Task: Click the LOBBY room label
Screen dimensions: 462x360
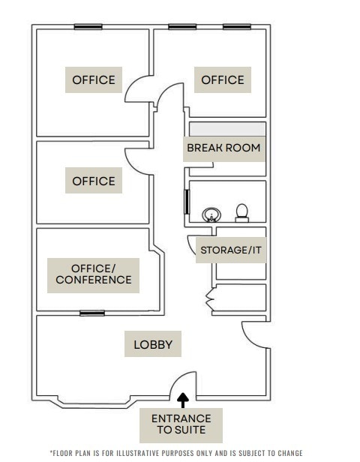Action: [x=153, y=345]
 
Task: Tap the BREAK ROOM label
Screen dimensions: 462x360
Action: [x=223, y=148]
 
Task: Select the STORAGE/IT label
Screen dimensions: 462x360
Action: [x=231, y=250]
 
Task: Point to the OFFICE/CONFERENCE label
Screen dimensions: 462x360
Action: [x=94, y=274]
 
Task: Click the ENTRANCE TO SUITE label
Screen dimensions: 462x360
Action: [x=181, y=424]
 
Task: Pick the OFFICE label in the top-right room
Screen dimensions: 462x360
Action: [x=223, y=79]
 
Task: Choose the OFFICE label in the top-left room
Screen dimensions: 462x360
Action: [x=94, y=79]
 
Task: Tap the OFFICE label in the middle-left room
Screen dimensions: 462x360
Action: [x=94, y=181]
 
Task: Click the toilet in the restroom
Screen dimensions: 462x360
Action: [x=242, y=213]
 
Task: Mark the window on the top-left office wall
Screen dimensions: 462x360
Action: [x=88, y=27]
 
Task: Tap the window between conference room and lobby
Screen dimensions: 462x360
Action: [x=92, y=313]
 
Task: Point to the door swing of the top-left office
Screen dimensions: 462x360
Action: [x=136, y=90]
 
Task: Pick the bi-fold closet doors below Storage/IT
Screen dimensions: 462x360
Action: [x=211, y=300]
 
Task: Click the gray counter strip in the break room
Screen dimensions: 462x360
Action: [x=227, y=128]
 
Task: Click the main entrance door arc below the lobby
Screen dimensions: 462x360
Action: [x=182, y=383]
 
